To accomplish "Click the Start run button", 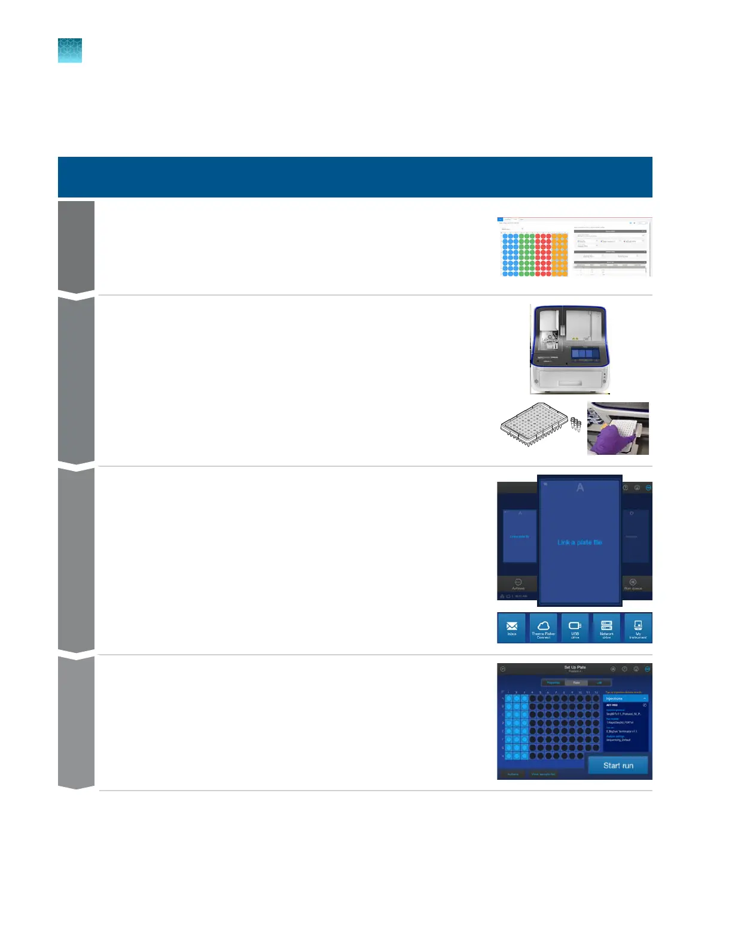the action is point(618,765).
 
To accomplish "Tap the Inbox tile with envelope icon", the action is point(512,628).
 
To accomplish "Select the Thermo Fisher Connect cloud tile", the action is point(543,628).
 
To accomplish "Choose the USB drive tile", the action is point(575,628).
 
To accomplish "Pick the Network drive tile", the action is point(606,628).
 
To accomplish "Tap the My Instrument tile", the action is point(638,628).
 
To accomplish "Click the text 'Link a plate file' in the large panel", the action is point(579,542).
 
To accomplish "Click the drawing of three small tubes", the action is point(575,424).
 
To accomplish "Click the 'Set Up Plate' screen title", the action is point(575,667).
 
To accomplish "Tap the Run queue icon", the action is point(633,584).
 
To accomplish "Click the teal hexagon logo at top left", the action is point(70,51).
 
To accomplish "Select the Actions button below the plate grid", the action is point(513,774).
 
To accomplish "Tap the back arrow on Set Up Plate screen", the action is point(502,669).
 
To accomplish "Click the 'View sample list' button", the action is point(544,774).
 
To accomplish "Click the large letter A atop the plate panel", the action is point(579,488).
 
